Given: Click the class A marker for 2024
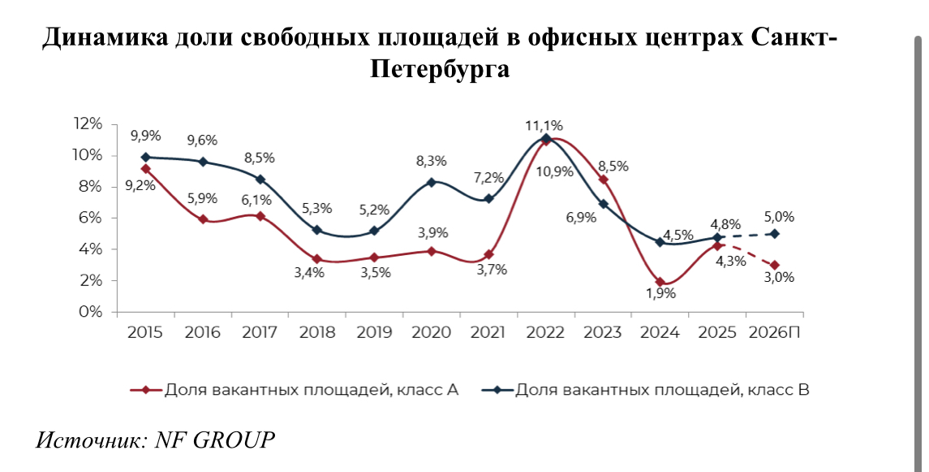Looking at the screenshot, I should coord(660,282).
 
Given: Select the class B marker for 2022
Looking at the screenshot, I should coord(546,138).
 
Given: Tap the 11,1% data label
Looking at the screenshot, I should coord(544,125).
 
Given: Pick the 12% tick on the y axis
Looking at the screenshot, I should coord(88,123).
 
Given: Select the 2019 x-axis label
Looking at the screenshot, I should coord(373,332).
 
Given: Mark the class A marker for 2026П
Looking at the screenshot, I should coord(776,265).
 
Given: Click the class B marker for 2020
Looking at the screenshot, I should coord(432,182).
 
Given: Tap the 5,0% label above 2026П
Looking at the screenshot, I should coord(777,217).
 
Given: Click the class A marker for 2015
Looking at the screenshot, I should coord(145,169).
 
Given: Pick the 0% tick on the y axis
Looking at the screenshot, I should coord(92,312).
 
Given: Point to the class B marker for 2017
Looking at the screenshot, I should coord(260,180).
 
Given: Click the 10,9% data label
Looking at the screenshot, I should coord(555,171).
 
